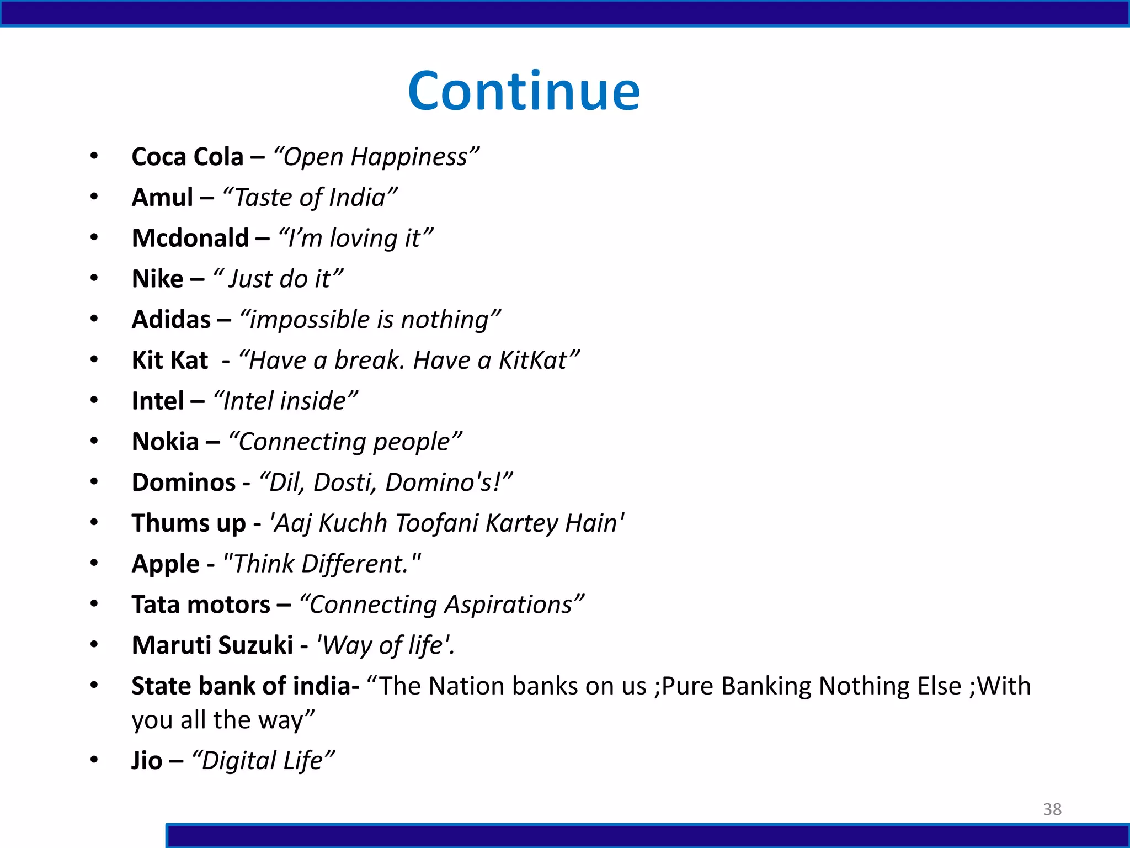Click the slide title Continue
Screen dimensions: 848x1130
pos(524,91)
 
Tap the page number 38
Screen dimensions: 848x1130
pos(1052,809)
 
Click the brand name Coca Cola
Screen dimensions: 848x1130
pos(187,157)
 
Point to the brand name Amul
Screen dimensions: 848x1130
pos(162,198)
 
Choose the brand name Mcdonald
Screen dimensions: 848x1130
pos(190,239)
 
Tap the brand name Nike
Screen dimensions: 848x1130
pos(157,279)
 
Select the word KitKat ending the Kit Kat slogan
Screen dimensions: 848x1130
pos(533,361)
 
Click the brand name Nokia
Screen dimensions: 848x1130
pos(165,442)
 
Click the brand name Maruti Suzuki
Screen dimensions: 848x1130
pos(212,645)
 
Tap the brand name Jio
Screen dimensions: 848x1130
pos(147,761)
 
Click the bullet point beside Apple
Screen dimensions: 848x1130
pos(94,563)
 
